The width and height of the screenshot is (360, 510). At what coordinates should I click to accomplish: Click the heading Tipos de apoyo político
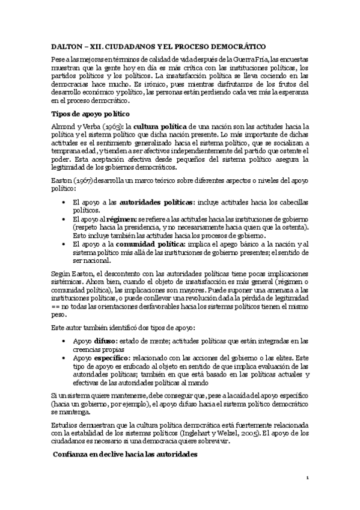tap(89, 114)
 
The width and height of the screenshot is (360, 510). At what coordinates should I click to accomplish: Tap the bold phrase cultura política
tap(160, 127)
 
